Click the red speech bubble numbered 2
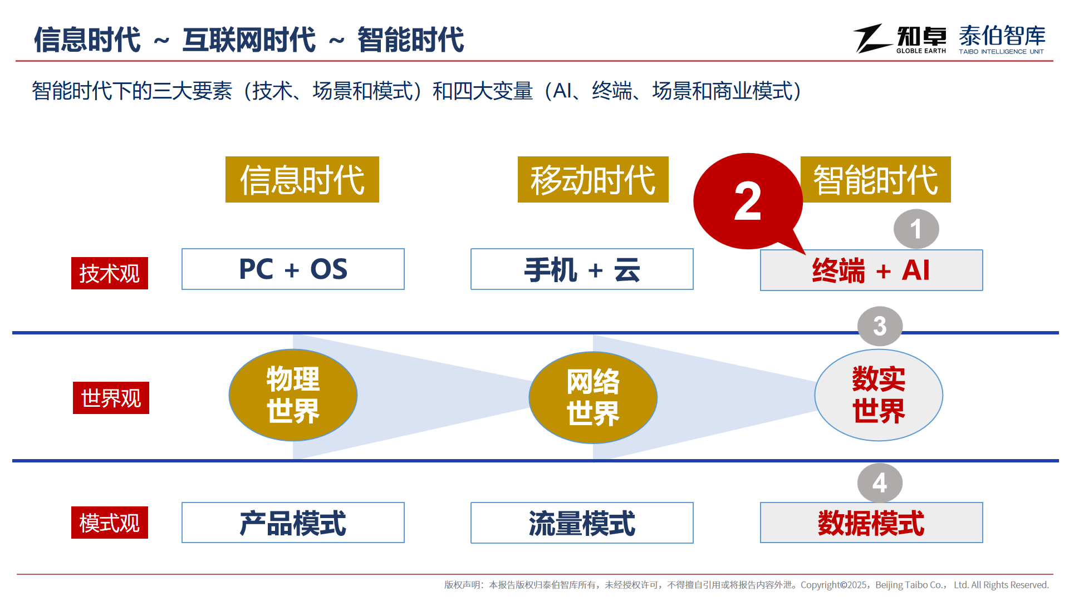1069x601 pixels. tap(747, 201)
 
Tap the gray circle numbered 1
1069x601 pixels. tap(916, 229)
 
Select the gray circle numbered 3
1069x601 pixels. tap(880, 326)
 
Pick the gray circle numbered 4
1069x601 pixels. tap(880, 483)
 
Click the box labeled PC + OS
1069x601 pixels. tap(293, 269)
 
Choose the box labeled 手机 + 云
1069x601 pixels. tap(582, 269)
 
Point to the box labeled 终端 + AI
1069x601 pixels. tap(871, 270)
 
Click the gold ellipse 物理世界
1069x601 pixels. tap(293, 395)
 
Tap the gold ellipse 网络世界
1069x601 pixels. tap(593, 397)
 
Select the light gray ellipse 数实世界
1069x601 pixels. tap(879, 395)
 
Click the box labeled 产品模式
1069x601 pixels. tap(293, 523)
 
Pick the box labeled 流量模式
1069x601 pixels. tap(582, 523)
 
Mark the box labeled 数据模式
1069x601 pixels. tap(871, 523)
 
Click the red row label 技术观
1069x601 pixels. tap(110, 273)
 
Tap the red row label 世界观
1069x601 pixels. tap(111, 398)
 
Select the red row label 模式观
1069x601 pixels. tap(110, 523)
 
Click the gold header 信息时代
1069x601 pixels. tap(302, 179)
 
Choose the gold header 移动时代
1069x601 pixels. tap(593, 179)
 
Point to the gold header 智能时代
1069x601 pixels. tap(876, 179)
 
